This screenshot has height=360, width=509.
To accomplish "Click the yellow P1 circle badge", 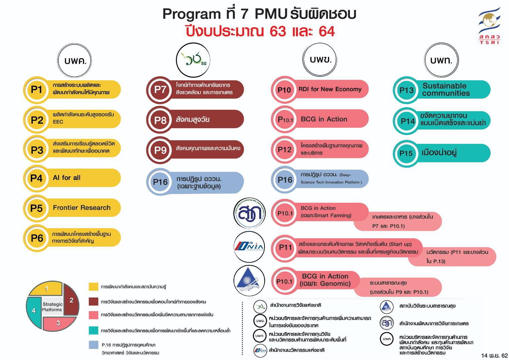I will [x=36, y=90].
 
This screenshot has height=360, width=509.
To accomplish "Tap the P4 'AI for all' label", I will [x=67, y=178].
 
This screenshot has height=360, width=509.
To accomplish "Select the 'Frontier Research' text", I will [x=82, y=208].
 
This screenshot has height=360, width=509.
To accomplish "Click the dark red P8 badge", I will [x=160, y=119].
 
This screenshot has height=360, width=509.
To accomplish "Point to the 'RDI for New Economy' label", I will [x=330, y=89].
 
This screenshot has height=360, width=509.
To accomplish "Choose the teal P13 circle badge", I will [x=406, y=90].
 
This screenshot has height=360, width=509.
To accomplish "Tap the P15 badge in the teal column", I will [x=406, y=153].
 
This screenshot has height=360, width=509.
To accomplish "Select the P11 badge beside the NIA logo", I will [x=285, y=247].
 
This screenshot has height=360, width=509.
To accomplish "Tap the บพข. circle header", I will [x=320, y=60].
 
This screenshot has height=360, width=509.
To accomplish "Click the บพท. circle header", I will [x=441, y=61].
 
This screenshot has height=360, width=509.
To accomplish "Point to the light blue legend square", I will [x=94, y=345].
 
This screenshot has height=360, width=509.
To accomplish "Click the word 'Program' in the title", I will [x=191, y=14].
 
